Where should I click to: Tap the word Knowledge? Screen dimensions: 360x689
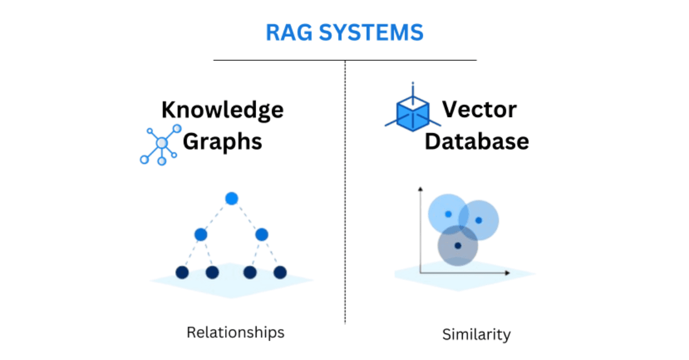[x=222, y=109]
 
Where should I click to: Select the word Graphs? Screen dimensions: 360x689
[x=222, y=141]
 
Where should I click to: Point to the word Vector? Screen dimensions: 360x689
[x=479, y=109]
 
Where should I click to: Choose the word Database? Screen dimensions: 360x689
[x=477, y=141]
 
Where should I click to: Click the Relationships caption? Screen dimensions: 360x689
[x=235, y=332]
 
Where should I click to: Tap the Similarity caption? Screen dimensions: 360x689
[x=476, y=334]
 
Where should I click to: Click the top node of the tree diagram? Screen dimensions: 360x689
[x=231, y=199]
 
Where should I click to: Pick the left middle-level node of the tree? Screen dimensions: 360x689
[x=200, y=234]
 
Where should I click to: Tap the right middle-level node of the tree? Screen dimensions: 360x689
[x=262, y=234]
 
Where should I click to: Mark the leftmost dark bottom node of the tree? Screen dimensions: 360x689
[x=182, y=272]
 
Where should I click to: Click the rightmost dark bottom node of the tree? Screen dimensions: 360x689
[x=280, y=272]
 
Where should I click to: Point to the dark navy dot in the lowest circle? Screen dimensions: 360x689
[x=458, y=246]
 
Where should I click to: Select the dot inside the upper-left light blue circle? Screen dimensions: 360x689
[x=448, y=214]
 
